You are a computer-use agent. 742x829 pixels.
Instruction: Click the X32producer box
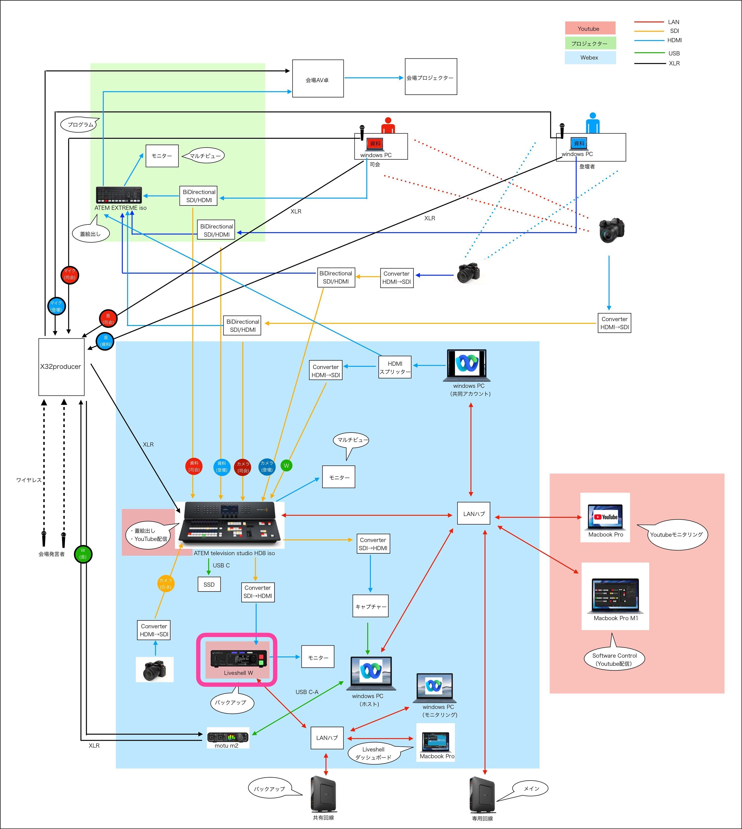click(61, 367)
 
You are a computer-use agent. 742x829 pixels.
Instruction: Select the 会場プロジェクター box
click(431, 77)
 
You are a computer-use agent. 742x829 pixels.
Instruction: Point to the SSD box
click(209, 584)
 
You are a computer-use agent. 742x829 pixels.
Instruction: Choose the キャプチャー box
click(370, 606)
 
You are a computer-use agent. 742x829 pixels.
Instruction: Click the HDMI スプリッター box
click(395, 367)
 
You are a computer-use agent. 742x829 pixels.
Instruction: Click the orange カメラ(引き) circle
click(165, 583)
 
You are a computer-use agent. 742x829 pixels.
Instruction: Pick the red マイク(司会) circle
click(70, 275)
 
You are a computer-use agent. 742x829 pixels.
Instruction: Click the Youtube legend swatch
click(590, 28)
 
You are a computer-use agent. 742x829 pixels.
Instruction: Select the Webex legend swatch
click(590, 57)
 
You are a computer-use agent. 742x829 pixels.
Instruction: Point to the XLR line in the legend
click(649, 63)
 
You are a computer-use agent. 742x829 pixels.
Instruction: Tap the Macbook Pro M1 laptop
click(615, 596)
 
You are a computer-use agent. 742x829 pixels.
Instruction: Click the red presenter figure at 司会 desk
click(388, 126)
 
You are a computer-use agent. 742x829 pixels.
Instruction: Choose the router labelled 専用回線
click(482, 794)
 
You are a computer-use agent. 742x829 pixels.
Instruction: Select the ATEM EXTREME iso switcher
click(119, 195)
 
